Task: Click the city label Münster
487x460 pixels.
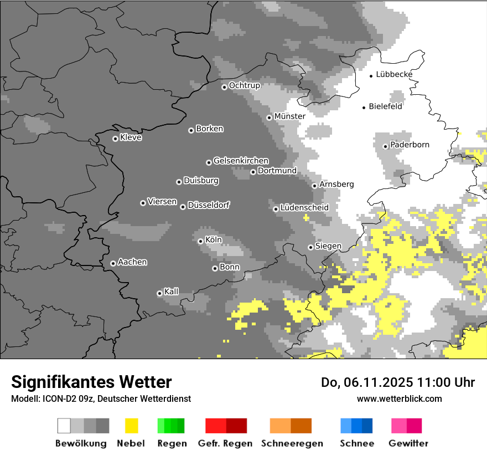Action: coord(289,116)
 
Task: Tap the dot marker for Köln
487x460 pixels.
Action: coord(200,241)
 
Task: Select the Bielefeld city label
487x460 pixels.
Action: coord(385,106)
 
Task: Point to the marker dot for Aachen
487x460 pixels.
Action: coord(113,263)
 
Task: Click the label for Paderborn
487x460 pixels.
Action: coord(410,145)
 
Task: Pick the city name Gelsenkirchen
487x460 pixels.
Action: coord(241,161)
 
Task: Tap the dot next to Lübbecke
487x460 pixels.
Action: coord(371,76)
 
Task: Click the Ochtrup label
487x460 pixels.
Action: coord(244,85)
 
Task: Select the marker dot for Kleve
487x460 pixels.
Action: coord(115,139)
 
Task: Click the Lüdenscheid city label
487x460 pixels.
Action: coord(304,207)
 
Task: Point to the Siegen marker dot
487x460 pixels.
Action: coord(311,247)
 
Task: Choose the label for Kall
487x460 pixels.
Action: coord(172,292)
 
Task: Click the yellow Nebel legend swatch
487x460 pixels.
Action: coord(131,426)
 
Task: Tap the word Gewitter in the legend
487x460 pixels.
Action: coord(408,443)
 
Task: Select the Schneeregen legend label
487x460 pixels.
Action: coord(292,443)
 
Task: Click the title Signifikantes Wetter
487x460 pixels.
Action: coord(91,382)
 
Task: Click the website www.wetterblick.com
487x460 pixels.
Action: coord(399,398)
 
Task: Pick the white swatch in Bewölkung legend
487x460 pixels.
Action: coord(64,426)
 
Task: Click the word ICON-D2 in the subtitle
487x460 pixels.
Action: coord(55,398)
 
